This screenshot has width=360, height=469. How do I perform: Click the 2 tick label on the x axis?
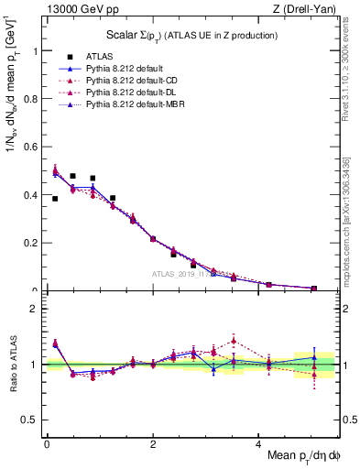coord(153,444)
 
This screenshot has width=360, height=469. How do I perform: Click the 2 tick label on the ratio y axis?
coord(34,309)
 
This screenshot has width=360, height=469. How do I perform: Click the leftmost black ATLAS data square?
coord(55,199)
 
